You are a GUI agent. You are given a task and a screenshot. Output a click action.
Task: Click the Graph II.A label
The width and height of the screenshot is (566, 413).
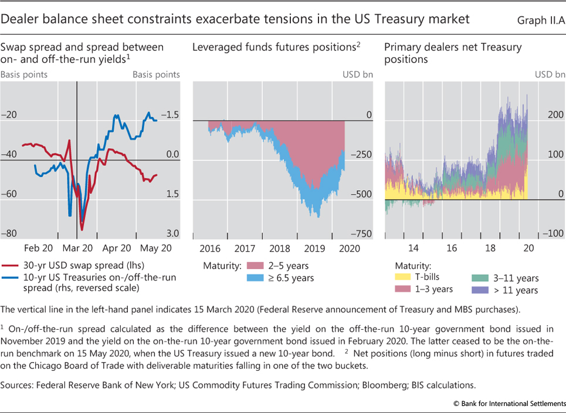pyautogui.click(x=538, y=20)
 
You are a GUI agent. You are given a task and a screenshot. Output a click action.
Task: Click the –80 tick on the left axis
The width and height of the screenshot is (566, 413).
pyautogui.click(x=8, y=234)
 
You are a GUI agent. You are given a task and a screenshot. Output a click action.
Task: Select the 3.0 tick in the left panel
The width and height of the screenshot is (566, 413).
pyautogui.click(x=172, y=234)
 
